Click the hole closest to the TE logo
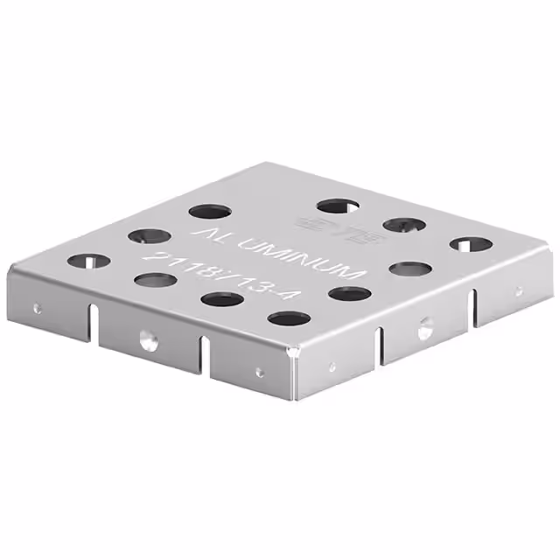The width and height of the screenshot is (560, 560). click(x=339, y=206)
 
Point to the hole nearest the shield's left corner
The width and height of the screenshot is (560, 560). click(x=88, y=261)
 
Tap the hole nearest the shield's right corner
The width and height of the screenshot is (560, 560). click(x=471, y=244)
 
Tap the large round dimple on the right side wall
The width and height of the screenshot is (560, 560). click(x=424, y=330)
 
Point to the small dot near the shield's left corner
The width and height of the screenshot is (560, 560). click(x=37, y=308)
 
